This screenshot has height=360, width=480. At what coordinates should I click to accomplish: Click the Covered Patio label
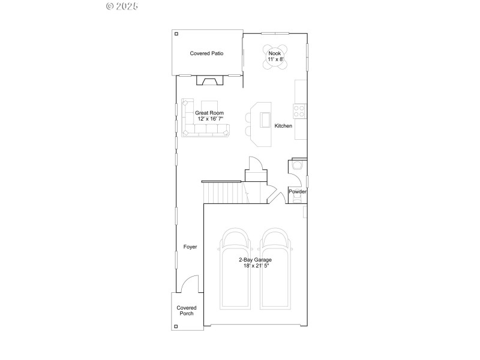click(x=206, y=53)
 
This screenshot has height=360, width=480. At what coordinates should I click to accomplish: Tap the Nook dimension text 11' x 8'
click(x=275, y=59)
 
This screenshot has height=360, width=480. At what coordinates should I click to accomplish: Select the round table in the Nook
click(x=275, y=56)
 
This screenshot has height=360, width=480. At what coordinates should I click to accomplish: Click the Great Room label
click(x=209, y=113)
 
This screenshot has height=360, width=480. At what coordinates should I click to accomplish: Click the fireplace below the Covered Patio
click(x=209, y=81)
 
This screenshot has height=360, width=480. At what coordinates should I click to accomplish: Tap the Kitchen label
click(x=283, y=126)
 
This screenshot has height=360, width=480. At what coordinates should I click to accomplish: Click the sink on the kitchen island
click(x=264, y=121)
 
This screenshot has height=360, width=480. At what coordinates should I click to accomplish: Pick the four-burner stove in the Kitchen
click(x=299, y=110)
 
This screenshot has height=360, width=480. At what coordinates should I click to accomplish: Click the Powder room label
click(x=298, y=192)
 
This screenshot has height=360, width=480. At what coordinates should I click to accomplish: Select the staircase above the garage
click(x=224, y=193)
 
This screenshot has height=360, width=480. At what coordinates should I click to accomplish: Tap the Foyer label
click(x=190, y=247)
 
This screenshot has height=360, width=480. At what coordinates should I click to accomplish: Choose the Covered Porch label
click(x=186, y=311)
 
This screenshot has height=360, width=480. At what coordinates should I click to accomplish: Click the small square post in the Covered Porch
click(x=176, y=326)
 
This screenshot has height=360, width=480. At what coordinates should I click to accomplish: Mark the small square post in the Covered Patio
click(x=176, y=34)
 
